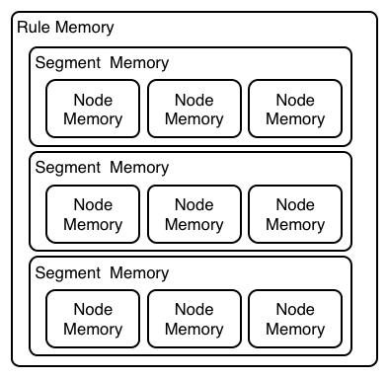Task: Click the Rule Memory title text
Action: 65,28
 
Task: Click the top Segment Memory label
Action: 102,63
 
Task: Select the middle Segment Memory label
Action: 102,167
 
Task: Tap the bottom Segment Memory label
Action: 102,271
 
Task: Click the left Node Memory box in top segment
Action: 93,110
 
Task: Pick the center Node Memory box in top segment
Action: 194,110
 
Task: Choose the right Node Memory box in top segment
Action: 294,110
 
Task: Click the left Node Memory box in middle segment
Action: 93,214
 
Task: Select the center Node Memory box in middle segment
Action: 194,214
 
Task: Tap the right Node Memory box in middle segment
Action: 294,214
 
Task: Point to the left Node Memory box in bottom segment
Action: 93,319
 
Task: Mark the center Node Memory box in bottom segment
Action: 194,319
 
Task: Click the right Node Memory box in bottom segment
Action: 294,319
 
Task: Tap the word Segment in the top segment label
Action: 67,63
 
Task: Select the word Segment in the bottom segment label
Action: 67,271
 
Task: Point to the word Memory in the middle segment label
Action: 139,167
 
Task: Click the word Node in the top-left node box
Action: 93,100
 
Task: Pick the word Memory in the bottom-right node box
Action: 294,329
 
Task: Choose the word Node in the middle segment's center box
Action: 194,204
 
